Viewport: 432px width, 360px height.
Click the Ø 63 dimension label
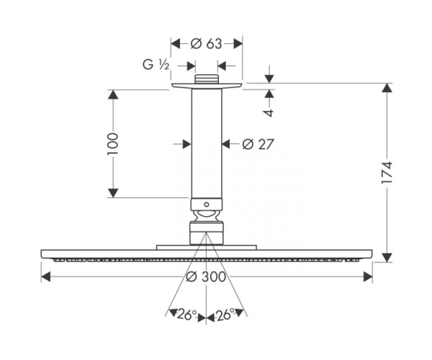206,43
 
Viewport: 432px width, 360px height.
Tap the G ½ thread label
156,65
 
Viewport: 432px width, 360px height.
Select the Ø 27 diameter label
258,144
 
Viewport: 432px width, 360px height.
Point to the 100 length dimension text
113,144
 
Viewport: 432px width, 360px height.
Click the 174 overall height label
386,173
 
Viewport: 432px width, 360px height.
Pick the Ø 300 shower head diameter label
206,276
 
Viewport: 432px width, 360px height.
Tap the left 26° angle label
187,315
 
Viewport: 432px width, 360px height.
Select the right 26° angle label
225,315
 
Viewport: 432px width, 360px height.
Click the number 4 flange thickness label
269,113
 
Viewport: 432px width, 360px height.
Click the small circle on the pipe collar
207,204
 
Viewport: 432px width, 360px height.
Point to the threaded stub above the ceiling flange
207,78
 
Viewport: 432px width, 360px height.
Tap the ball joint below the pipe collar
207,216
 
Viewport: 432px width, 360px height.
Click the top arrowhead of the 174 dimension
387,88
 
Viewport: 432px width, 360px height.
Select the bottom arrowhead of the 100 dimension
113,193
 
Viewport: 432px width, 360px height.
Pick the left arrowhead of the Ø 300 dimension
46,276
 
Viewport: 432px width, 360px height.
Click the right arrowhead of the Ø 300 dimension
367,276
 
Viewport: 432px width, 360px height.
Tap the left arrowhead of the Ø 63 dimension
176,43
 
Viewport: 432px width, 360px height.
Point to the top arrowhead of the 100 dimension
113,94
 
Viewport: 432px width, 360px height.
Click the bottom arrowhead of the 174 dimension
387,258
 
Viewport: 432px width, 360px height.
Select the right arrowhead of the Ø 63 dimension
238,43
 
